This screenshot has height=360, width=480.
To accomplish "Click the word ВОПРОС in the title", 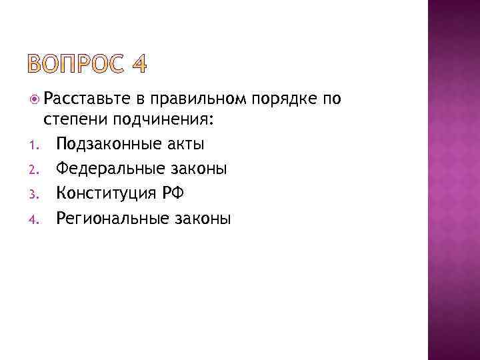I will pos(78,65).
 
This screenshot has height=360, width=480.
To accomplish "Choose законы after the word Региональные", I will pos(203,218).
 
